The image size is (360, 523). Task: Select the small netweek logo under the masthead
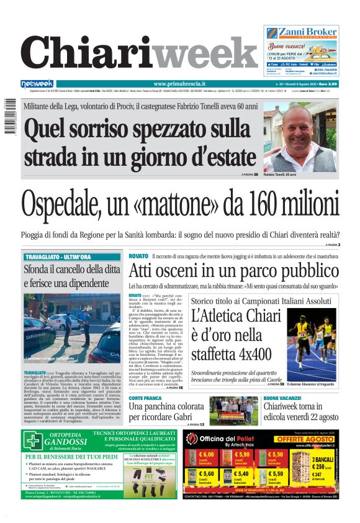tap(37, 84)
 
